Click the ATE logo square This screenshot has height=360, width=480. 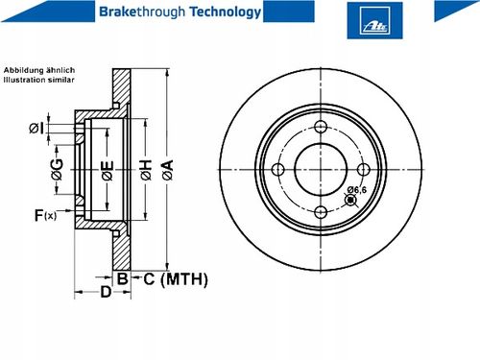(x=374, y=20)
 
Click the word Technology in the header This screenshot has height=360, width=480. (x=226, y=12)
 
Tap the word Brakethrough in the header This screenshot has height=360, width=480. (x=142, y=12)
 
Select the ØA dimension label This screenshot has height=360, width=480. (x=167, y=170)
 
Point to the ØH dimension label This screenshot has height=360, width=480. (x=146, y=170)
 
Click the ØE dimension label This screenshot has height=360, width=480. (x=108, y=171)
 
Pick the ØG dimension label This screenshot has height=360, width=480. (x=58, y=169)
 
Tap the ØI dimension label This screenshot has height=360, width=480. (x=36, y=128)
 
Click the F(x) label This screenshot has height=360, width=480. (x=45, y=215)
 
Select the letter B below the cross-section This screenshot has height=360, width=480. (x=123, y=278)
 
